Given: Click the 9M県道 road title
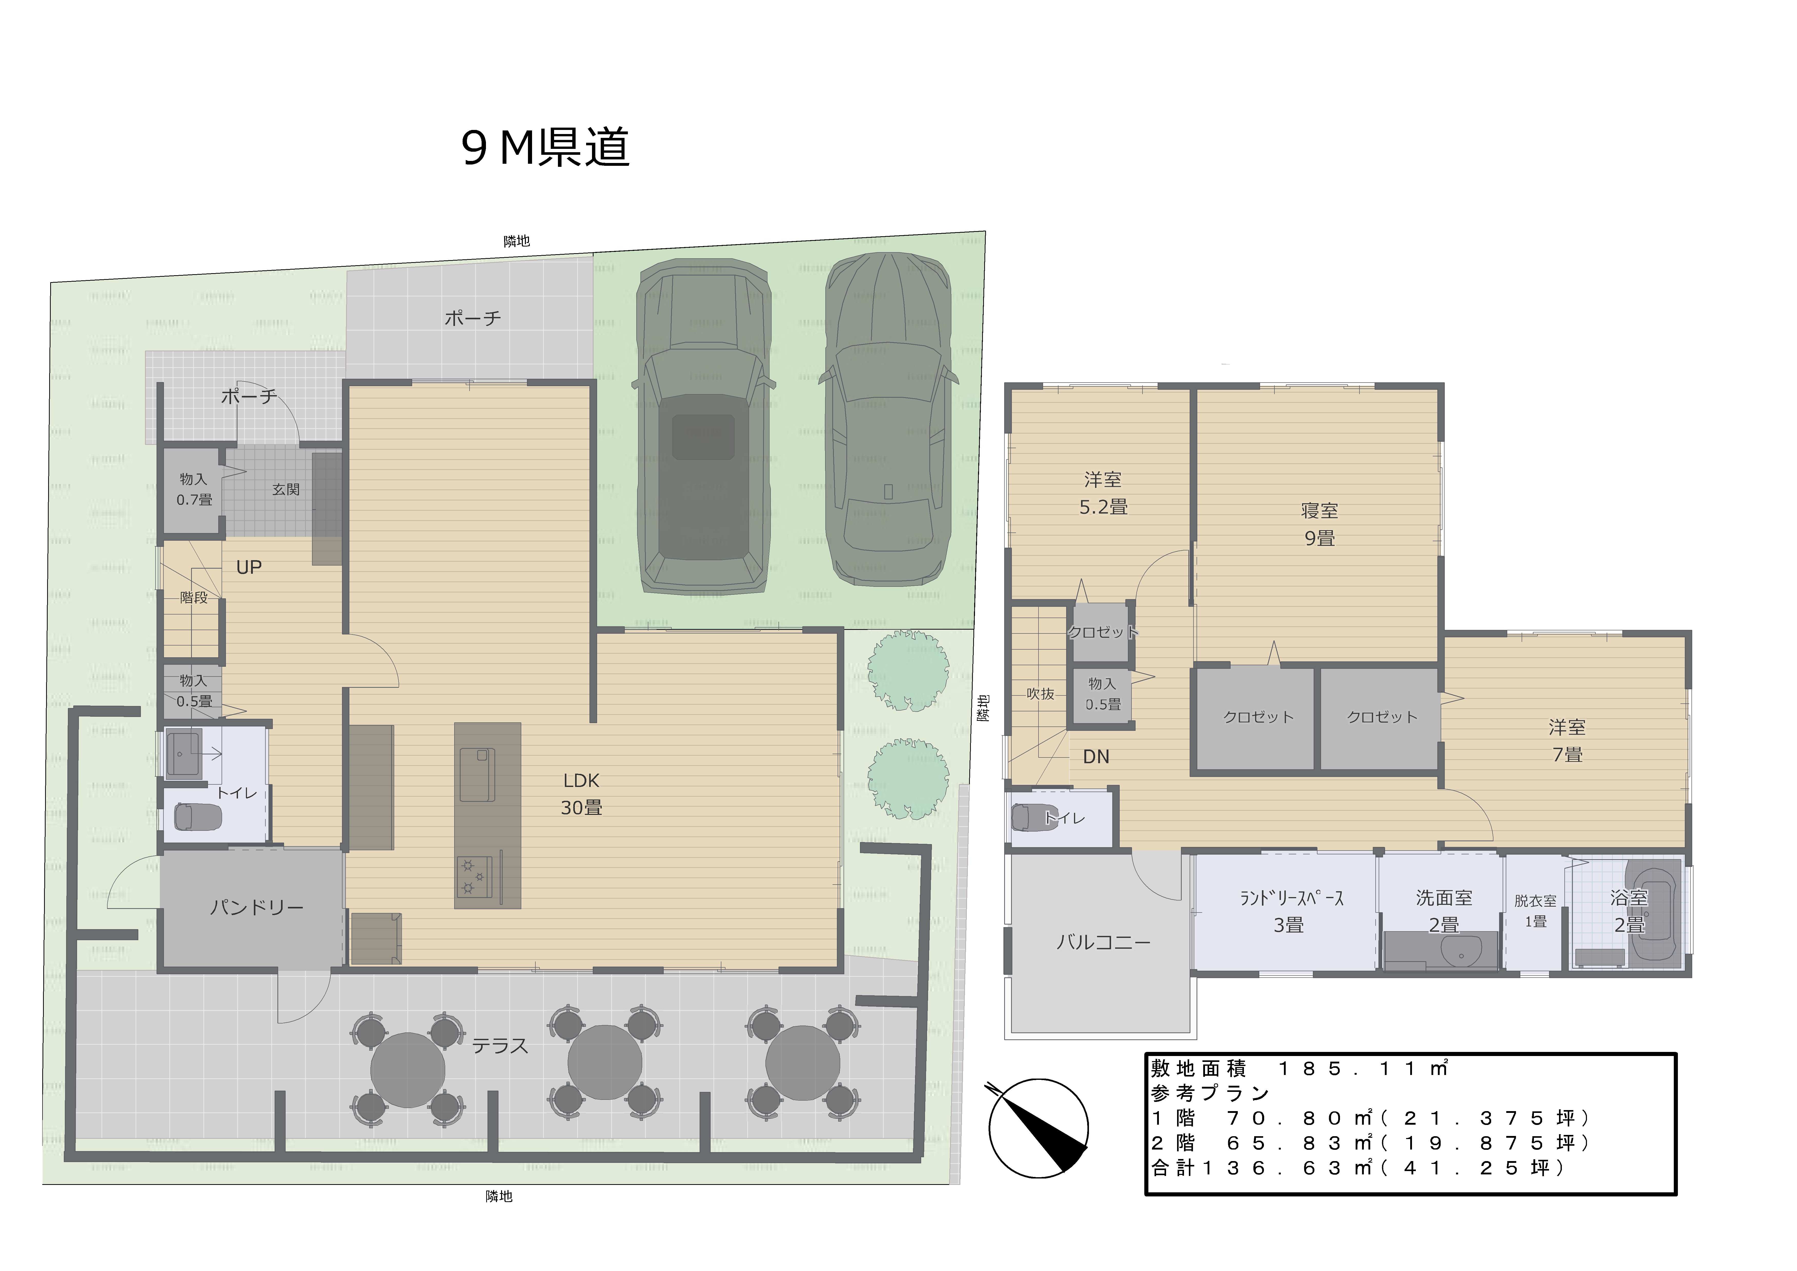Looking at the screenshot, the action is click(546, 147).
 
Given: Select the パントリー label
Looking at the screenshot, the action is click(257, 908).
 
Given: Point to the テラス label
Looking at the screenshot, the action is click(499, 1045).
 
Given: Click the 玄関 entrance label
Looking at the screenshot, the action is click(286, 489).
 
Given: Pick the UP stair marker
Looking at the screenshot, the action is click(249, 567).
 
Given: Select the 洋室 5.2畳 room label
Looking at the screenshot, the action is click(1104, 493).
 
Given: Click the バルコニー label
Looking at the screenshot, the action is click(1104, 942).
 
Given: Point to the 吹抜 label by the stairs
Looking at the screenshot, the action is click(1040, 694).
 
